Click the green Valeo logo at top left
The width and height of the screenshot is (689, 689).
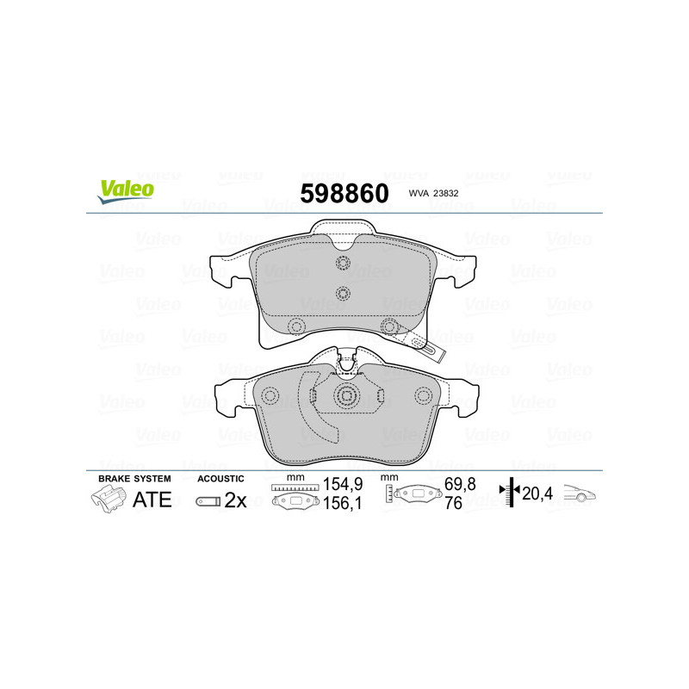click(126, 191)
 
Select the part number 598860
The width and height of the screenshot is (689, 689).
click(344, 193)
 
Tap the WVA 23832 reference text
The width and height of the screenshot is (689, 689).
click(433, 193)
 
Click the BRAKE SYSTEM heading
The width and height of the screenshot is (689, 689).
click(134, 479)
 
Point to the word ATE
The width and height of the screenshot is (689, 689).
click(152, 500)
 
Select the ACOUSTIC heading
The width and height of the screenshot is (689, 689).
click(220, 479)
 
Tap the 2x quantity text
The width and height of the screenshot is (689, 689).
click(235, 500)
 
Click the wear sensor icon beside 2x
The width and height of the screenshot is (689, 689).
click(208, 501)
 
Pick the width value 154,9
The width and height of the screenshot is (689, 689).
click(343, 484)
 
